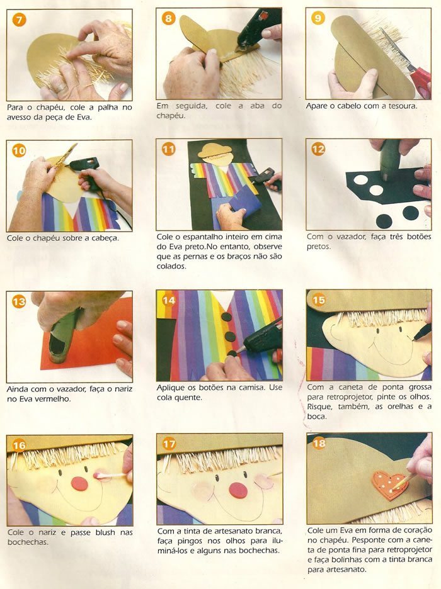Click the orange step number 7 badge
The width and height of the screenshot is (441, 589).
pos(19,20)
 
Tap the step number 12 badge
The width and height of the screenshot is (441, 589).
pos(318,149)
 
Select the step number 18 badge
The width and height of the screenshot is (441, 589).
pos(319,443)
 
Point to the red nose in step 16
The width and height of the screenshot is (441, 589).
pos(79,484)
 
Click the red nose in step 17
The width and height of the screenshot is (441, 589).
pos(238,489)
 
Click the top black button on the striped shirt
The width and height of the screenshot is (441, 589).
pos(226,317)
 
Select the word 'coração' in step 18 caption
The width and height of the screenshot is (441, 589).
pos(417,530)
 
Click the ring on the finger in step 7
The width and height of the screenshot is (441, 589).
pos(61,87)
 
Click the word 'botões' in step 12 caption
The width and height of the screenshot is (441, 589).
pos(418,237)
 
